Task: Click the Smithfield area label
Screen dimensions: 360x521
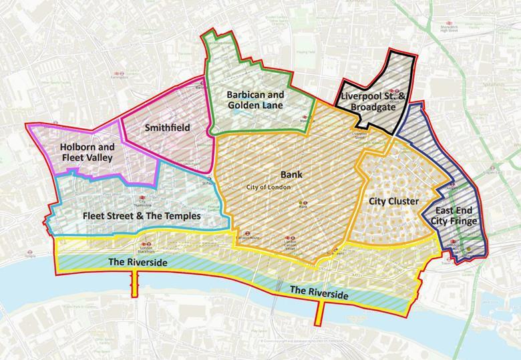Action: click(x=168, y=127)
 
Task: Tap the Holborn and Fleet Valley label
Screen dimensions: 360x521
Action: click(x=87, y=152)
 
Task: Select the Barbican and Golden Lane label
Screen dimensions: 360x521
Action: click(x=254, y=100)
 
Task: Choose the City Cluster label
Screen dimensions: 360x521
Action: click(x=393, y=201)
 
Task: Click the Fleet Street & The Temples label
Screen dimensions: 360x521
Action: click(x=141, y=216)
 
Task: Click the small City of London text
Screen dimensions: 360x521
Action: click(x=269, y=187)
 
